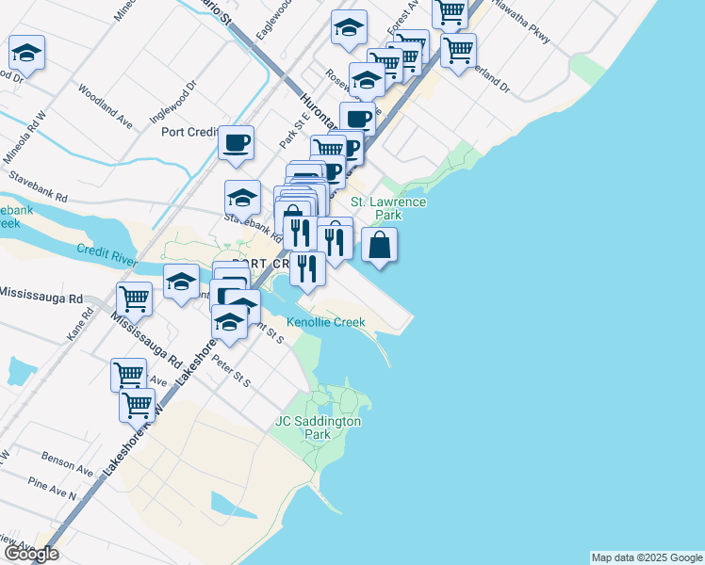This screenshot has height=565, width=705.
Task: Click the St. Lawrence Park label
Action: pyautogui.click(x=388, y=208)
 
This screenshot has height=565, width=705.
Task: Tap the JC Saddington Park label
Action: pyautogui.click(x=318, y=428)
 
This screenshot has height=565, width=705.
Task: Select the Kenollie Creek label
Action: pyautogui.click(x=325, y=322)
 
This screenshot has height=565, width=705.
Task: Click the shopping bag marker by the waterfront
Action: pyautogui.click(x=377, y=246)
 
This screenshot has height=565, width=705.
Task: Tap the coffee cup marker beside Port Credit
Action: pyautogui.click(x=236, y=143)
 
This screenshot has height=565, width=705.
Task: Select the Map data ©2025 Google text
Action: pyautogui.click(x=646, y=557)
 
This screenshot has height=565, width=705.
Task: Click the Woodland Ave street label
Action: pyautogui.click(x=105, y=107)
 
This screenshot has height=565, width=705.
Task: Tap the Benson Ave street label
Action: pyautogui.click(x=67, y=462)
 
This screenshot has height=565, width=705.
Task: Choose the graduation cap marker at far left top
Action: pyautogui.click(x=26, y=53)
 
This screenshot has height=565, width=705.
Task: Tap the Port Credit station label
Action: pyautogui.click(x=189, y=132)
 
